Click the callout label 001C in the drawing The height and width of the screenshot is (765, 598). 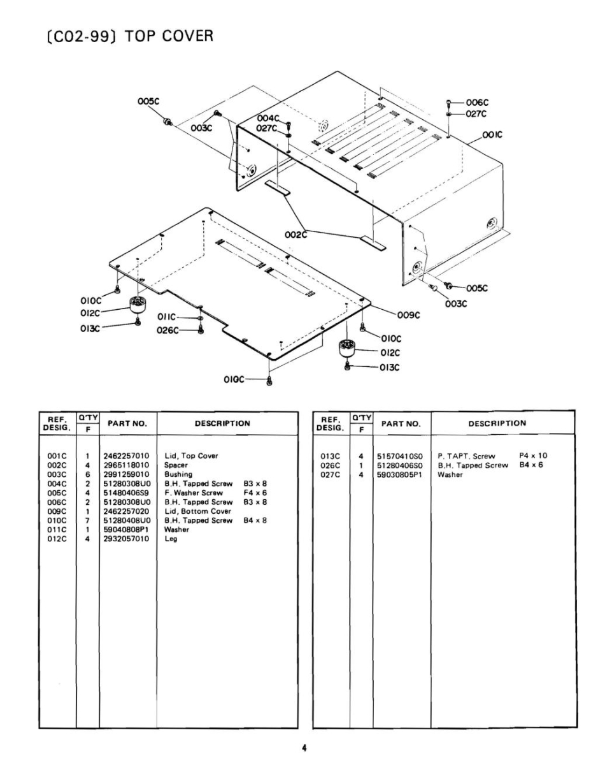click(493, 135)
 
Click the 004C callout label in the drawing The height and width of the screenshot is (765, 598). click(268, 118)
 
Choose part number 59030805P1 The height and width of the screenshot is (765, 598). click(399, 474)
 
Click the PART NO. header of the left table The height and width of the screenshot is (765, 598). click(127, 423)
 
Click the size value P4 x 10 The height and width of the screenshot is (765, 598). click(534, 455)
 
